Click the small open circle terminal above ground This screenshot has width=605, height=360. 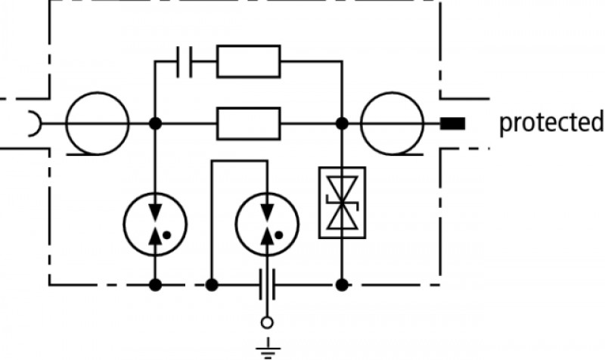point(267,323)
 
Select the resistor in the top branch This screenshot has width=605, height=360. point(249,61)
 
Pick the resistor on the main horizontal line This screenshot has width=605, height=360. point(249,123)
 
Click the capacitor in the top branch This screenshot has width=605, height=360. point(185,62)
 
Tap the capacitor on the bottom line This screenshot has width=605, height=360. point(268,285)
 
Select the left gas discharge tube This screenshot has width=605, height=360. point(155,224)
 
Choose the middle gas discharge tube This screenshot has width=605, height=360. point(267,224)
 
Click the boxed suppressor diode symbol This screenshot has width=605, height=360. point(343,203)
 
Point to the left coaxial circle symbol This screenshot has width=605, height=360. point(98,123)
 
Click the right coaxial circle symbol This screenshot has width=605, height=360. point(392,123)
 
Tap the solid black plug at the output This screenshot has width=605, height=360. point(453,123)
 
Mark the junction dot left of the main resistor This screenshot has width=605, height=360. point(155,123)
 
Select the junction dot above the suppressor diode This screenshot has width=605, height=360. point(343,123)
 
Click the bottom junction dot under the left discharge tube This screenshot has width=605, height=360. point(155,285)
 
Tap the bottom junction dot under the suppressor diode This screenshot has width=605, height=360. point(343,285)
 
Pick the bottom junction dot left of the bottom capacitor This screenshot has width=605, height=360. point(212,285)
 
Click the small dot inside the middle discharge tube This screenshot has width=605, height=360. point(279,234)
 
